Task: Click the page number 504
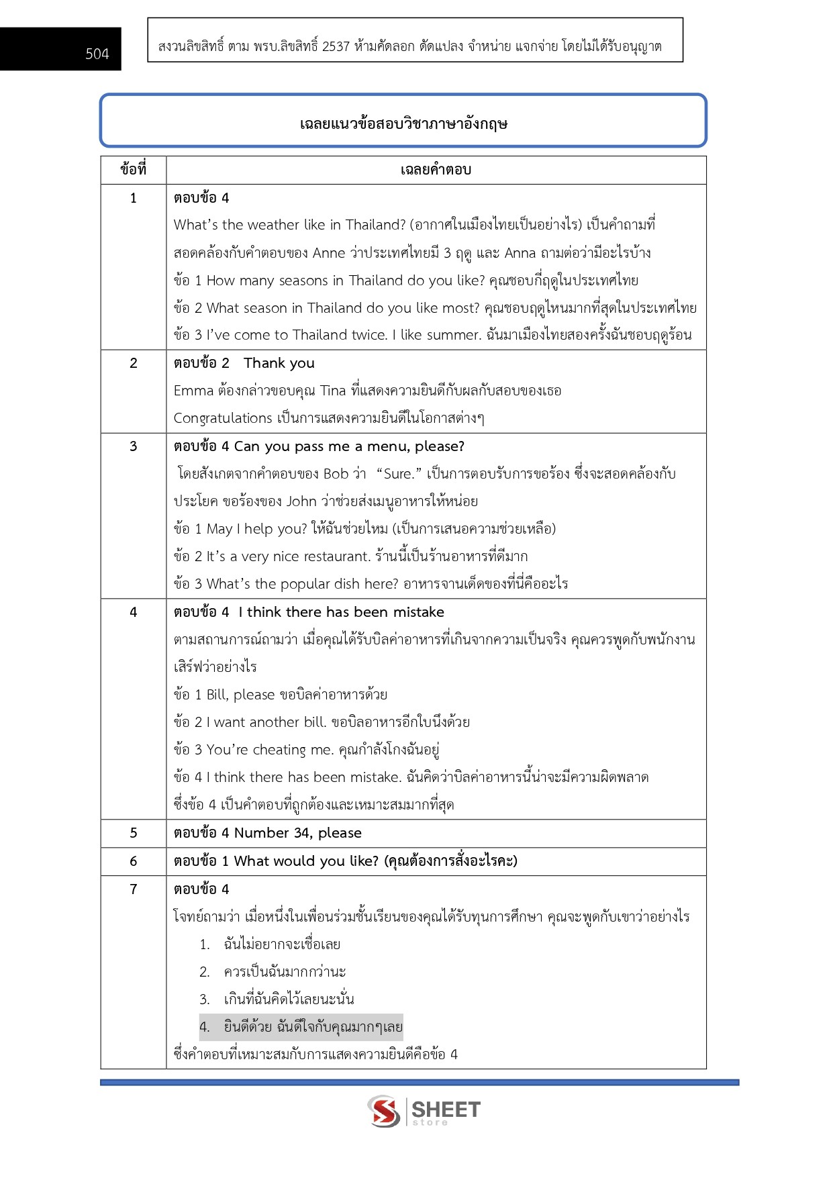click(x=97, y=54)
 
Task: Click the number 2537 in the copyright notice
click(x=336, y=46)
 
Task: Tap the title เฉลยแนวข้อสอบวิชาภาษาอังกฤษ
click(x=403, y=124)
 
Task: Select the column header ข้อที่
click(x=133, y=170)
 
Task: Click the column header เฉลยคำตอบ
click(x=436, y=170)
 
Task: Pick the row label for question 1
click(x=133, y=198)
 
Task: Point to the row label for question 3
click(x=133, y=446)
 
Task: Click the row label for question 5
click(x=133, y=833)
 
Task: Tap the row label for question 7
click(x=133, y=889)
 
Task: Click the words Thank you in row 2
click(x=279, y=363)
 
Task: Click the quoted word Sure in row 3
click(x=398, y=474)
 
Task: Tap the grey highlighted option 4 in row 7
click(x=301, y=1027)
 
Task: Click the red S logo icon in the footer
click(x=384, y=1111)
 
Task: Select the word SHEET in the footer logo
click(x=446, y=1109)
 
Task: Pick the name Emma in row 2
click(x=193, y=391)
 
